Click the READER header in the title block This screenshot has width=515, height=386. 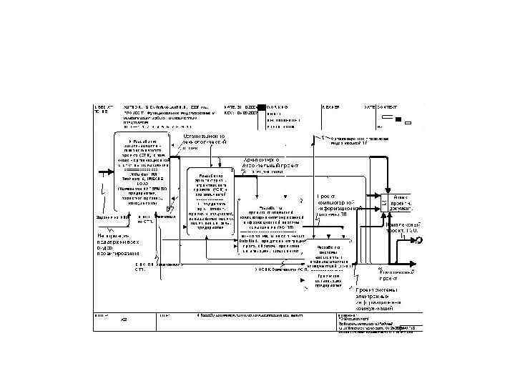click(x=331, y=107)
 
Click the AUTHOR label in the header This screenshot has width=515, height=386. click(x=134, y=107)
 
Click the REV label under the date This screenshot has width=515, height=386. click(x=230, y=112)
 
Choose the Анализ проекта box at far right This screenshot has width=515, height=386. click(x=400, y=204)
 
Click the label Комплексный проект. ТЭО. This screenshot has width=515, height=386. click(x=401, y=227)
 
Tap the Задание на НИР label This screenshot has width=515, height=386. click(x=111, y=217)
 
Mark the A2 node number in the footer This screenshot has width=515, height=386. click(x=124, y=319)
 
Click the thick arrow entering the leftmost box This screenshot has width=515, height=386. click(x=107, y=172)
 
